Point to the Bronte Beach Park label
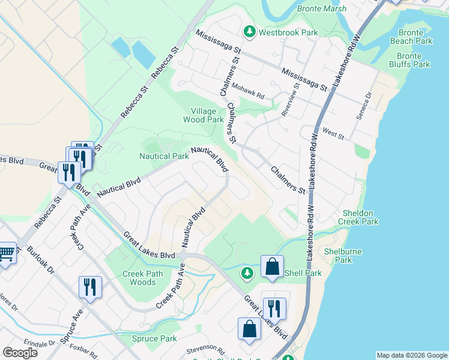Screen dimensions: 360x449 click(411, 37)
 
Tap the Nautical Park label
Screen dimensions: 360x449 click(164, 156)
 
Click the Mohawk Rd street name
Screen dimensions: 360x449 click(248, 91)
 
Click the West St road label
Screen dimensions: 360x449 click(333, 133)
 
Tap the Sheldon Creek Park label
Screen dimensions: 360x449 click(360, 217)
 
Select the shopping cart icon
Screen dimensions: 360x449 click(6, 254)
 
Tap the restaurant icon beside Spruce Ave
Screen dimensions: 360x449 click(90, 287)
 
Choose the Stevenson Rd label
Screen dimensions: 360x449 click(205, 349)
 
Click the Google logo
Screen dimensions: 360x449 click(20, 353)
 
